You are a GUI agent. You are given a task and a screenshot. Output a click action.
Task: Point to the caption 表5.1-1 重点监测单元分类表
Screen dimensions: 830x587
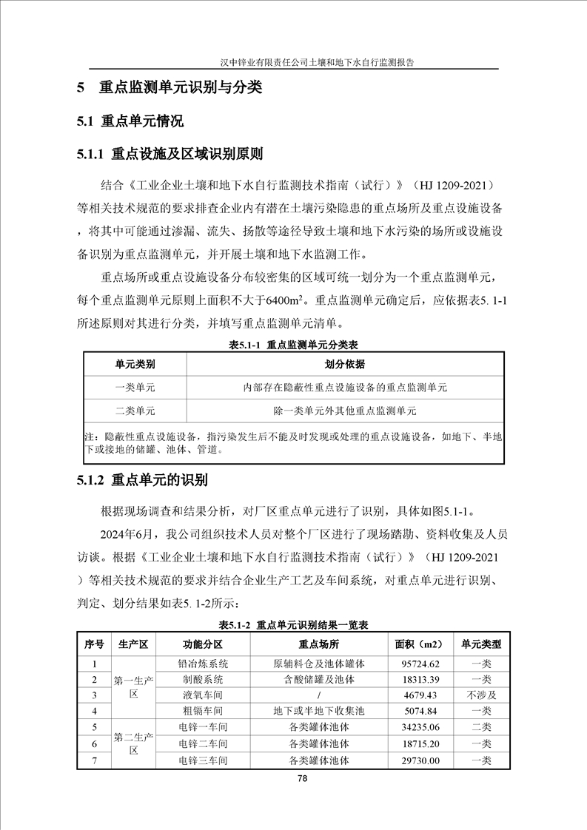(x=294, y=345)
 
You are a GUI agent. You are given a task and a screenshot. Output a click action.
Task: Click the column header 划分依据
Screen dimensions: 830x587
(x=345, y=365)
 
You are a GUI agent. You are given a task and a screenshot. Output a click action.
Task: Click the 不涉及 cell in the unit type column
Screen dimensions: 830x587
(x=481, y=695)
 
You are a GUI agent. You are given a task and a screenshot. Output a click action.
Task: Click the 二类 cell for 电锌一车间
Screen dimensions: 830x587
(x=481, y=727)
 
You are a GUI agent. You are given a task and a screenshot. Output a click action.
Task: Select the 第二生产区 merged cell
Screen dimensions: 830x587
(x=134, y=743)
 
